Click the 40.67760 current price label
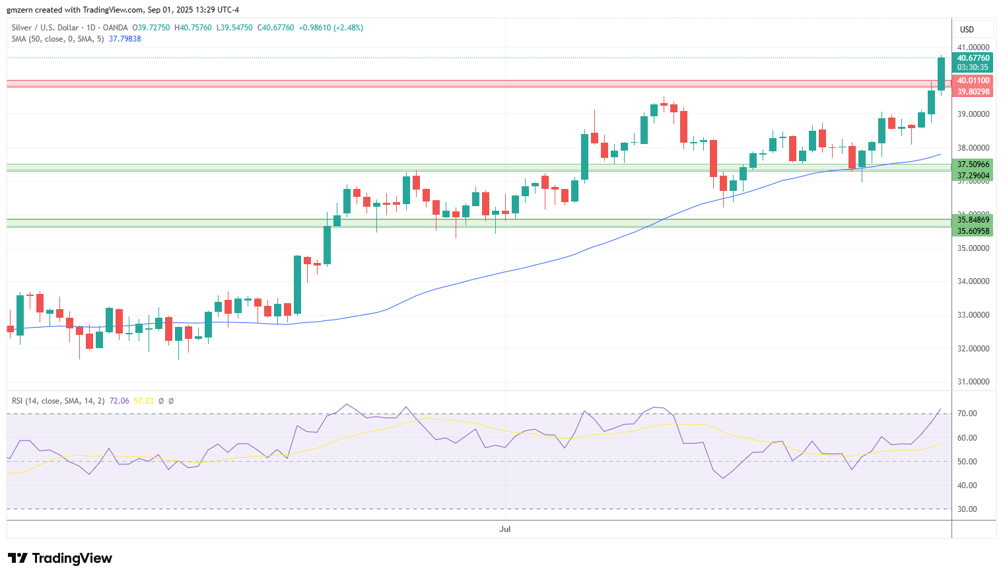973,58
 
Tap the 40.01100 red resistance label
973,81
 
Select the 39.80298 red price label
973,92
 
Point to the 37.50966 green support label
973,164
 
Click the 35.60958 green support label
973,231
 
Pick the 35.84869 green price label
973,220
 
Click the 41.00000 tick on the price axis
973,47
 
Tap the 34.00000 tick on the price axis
973,281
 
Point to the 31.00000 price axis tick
973,382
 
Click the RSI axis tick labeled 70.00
967,413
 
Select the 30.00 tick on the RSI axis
967,509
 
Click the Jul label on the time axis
504,528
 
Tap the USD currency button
967,30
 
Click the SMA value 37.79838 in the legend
125,39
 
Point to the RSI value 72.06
119,400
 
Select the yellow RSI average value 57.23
143,400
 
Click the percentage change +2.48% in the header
349,28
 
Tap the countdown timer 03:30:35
973,67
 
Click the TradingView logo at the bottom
60,558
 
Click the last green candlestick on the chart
941,74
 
